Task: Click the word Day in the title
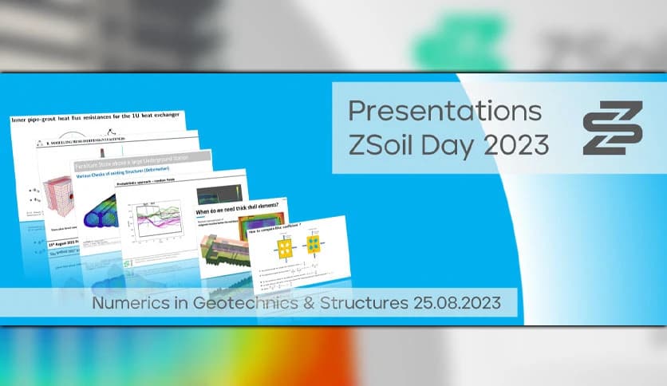(448, 144)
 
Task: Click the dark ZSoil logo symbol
(612, 127)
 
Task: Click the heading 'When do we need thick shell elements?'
(239, 211)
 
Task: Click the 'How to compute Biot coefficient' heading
(279, 229)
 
